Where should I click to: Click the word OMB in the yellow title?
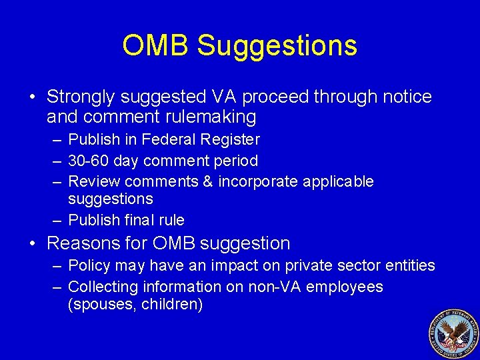coord(156,45)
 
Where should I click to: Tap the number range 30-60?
coord(89,161)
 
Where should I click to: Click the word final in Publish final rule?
coord(137,220)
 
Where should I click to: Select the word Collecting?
coord(102,287)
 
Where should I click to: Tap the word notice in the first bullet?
coord(407,97)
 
